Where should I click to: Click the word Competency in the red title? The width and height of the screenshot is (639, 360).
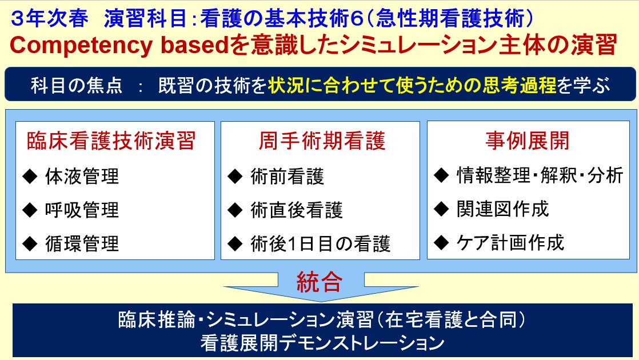click(81, 45)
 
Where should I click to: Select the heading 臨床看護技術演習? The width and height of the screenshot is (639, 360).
click(111, 141)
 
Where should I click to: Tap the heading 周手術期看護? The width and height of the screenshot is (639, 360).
click(322, 141)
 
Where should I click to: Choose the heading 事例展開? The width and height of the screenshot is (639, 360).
click(528, 141)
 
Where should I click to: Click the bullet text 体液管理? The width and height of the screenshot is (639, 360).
click(82, 177)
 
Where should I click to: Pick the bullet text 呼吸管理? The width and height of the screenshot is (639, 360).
click(82, 210)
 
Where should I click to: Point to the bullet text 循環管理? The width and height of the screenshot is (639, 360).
click(82, 243)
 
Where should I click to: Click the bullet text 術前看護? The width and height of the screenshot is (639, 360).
click(287, 177)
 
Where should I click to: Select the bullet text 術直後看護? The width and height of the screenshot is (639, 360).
click(297, 210)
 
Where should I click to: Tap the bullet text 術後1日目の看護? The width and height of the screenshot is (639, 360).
click(321, 243)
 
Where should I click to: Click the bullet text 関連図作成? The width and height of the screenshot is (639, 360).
click(503, 209)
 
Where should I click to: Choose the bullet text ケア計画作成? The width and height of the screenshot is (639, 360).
click(510, 243)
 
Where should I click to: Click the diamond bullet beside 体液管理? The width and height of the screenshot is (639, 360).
click(30, 177)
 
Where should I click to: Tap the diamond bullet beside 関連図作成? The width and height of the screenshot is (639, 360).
click(441, 209)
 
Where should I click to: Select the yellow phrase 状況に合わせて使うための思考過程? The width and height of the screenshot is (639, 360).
click(412, 85)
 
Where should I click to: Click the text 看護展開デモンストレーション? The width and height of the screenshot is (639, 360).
click(322, 342)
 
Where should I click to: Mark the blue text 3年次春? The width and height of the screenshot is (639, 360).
click(49, 18)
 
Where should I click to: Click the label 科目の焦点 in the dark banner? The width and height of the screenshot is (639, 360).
click(77, 86)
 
